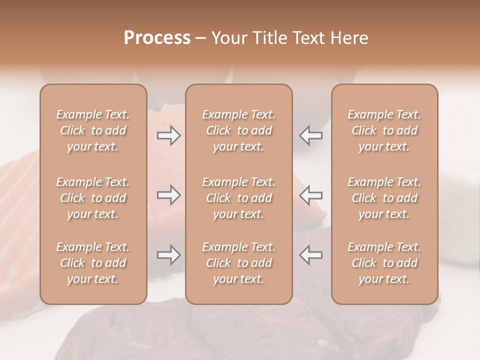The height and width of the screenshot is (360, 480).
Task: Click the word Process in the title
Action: coord(157,38)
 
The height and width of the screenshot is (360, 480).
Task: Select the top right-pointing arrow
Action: coord(169,135)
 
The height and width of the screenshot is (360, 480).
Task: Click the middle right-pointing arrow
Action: coord(169,195)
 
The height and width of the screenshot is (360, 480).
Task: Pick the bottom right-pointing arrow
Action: coord(169,255)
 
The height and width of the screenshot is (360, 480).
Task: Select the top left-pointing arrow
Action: coord(310,135)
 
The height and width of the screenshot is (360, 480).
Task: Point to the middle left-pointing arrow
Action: coord(310,195)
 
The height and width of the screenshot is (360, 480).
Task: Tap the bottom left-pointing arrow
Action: coord(310,255)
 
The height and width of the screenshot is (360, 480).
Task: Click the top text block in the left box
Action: coord(93,130)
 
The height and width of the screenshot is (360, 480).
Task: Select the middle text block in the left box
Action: coord(93,198)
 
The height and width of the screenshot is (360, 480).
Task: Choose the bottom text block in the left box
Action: coord(93,263)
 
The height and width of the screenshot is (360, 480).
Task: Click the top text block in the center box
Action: coord(238,130)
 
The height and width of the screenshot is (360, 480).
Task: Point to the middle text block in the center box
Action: coord(238,198)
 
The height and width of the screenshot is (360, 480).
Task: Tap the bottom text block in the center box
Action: coord(238,263)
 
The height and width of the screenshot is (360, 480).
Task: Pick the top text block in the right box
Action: coord(384,130)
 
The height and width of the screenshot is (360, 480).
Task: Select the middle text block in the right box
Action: coord(384,198)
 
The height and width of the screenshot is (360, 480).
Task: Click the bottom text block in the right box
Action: coord(384,263)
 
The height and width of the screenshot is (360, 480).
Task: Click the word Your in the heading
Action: coord(227,38)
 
